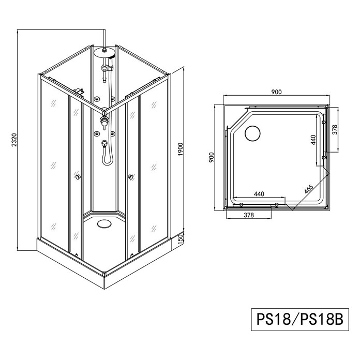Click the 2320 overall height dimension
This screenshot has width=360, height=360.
point(14,139)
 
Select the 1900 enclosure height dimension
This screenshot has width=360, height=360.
point(181,149)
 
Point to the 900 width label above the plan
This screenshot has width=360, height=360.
point(276,92)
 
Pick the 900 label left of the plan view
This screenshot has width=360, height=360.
point(211,157)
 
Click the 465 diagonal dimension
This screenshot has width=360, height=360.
point(309,189)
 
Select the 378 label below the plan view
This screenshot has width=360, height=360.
point(249,215)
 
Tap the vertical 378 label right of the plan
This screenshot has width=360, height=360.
point(335,130)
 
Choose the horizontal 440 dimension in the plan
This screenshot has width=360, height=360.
point(259,194)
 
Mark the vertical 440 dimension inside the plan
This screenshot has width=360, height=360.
point(313,140)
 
